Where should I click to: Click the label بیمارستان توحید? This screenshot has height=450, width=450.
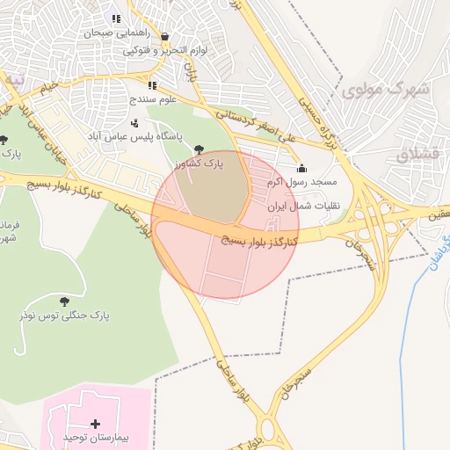tap(95, 437)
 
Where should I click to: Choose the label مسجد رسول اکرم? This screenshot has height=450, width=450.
tap(303, 182)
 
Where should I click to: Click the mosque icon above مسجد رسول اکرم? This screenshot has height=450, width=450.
tap(303, 169)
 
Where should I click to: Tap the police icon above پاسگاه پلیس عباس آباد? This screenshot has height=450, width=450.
tap(134, 124)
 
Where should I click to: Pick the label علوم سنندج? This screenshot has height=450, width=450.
tap(152, 100)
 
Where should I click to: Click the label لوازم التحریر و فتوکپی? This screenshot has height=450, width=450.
tap(165, 51)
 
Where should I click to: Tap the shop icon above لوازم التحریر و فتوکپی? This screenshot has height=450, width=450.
tap(164, 37)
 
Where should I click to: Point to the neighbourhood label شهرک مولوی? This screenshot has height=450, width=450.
tap(385, 90)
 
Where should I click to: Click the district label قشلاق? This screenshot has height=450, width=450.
tap(416, 156)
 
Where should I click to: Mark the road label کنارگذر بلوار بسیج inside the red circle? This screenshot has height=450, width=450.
tap(259, 239)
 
